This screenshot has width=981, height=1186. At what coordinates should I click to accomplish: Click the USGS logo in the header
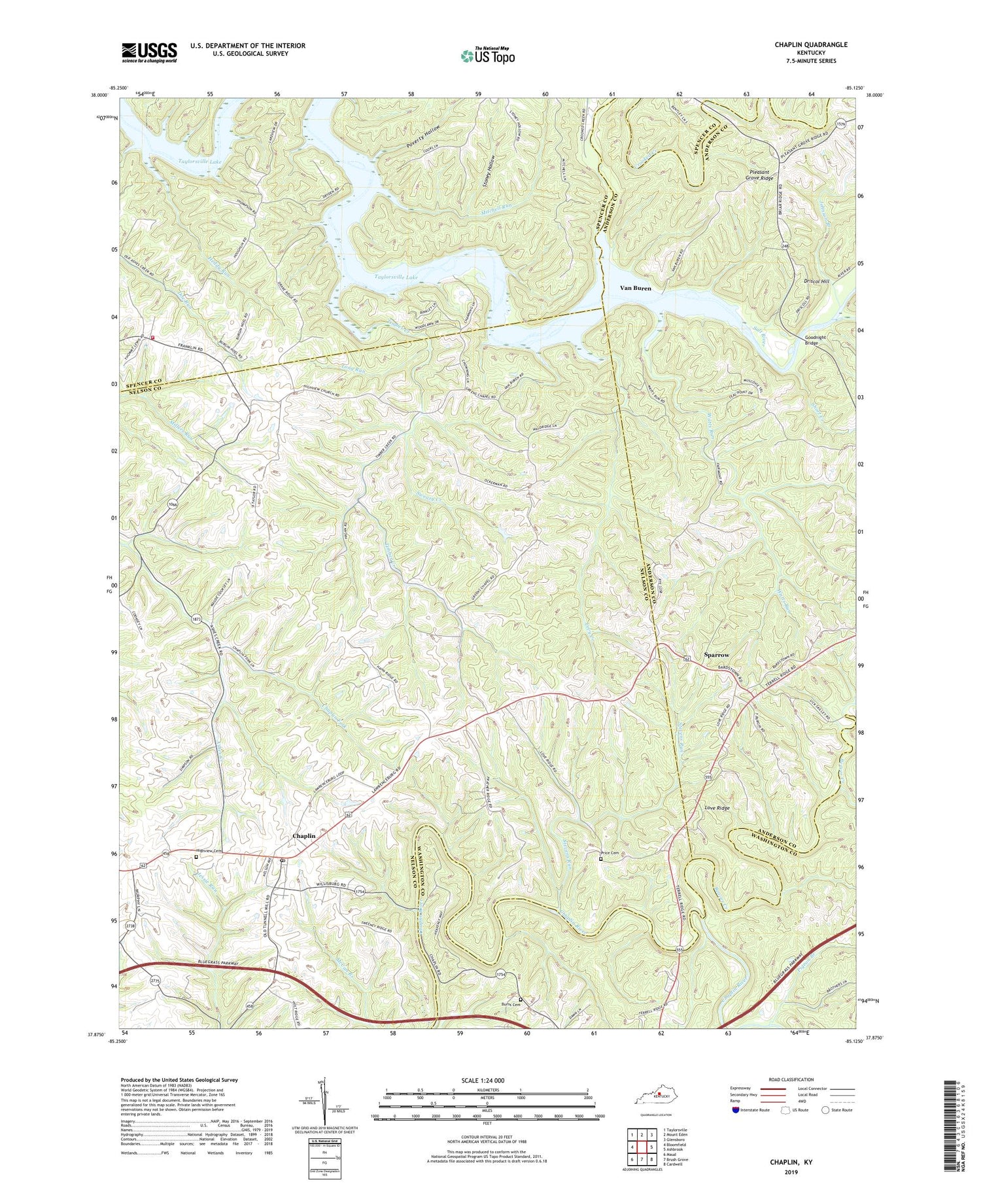149,52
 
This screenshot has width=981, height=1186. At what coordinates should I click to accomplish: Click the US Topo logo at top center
487,56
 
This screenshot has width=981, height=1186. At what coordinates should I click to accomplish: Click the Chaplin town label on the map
303,836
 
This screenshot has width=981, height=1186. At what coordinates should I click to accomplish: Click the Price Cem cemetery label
610,853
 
